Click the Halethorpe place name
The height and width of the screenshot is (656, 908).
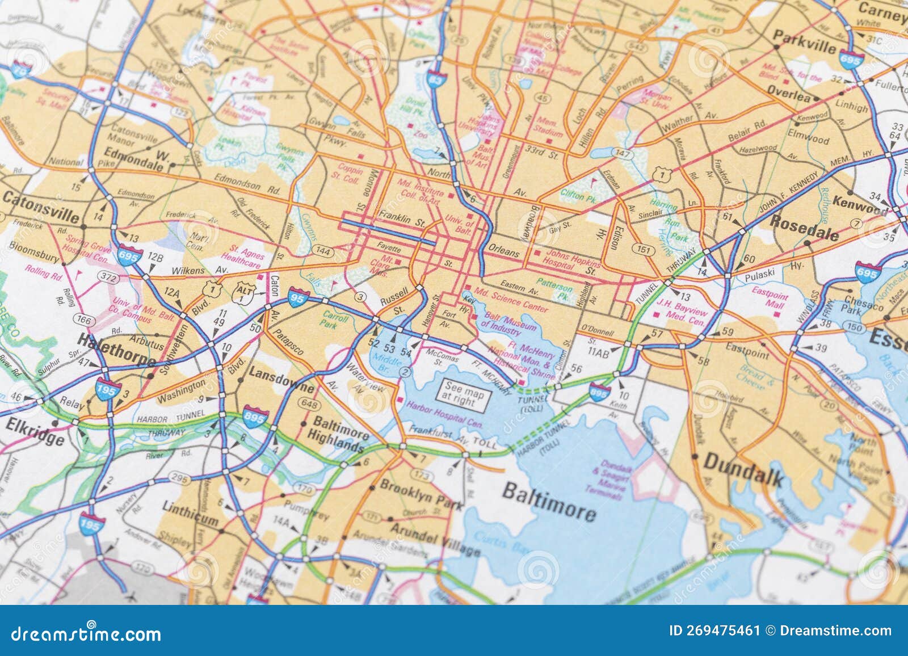[x=116, y=350]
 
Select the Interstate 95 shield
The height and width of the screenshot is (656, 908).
[x=298, y=297]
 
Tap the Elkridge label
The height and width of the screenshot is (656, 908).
[x=35, y=431]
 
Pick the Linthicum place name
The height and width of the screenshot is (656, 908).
[x=190, y=512]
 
